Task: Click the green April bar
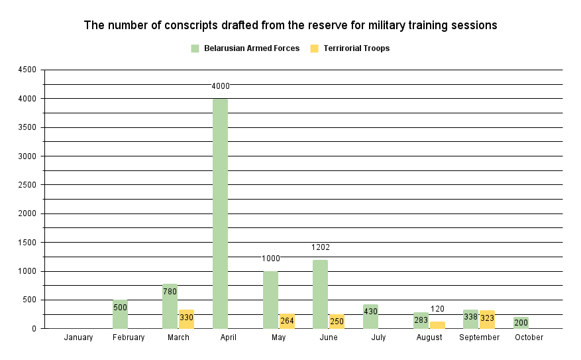(220, 213)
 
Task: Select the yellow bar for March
(186, 319)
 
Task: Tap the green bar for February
(120, 314)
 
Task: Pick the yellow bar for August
(437, 325)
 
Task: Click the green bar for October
(521, 322)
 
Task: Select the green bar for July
(370, 316)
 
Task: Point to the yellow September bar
(487, 319)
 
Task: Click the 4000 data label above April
(221, 86)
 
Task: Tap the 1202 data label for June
(321, 247)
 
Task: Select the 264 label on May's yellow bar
(287, 321)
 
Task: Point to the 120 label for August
(437, 309)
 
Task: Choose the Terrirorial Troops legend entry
(356, 48)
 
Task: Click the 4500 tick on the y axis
(28, 70)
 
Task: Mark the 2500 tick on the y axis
(28, 185)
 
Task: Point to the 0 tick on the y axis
(34, 329)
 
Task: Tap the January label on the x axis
(78, 337)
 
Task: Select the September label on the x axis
(479, 337)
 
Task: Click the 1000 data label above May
(271, 259)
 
